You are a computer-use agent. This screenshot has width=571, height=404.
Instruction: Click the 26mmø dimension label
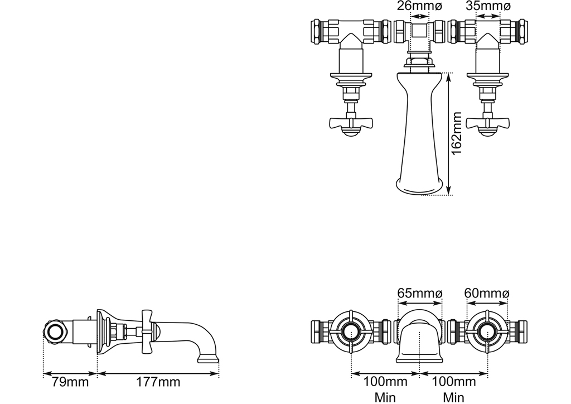419,6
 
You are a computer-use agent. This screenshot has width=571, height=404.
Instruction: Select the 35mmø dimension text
488,6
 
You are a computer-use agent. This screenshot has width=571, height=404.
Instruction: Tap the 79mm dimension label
66,382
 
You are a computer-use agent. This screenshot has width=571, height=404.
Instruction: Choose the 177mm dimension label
158,382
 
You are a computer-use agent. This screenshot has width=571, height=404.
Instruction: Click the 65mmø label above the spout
419,293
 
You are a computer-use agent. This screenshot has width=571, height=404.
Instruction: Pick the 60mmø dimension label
487,293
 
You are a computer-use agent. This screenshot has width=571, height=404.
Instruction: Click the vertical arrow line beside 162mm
448,134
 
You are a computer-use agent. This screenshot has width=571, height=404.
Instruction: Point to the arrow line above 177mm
158,373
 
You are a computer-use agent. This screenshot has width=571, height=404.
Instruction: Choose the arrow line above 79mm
70,373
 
